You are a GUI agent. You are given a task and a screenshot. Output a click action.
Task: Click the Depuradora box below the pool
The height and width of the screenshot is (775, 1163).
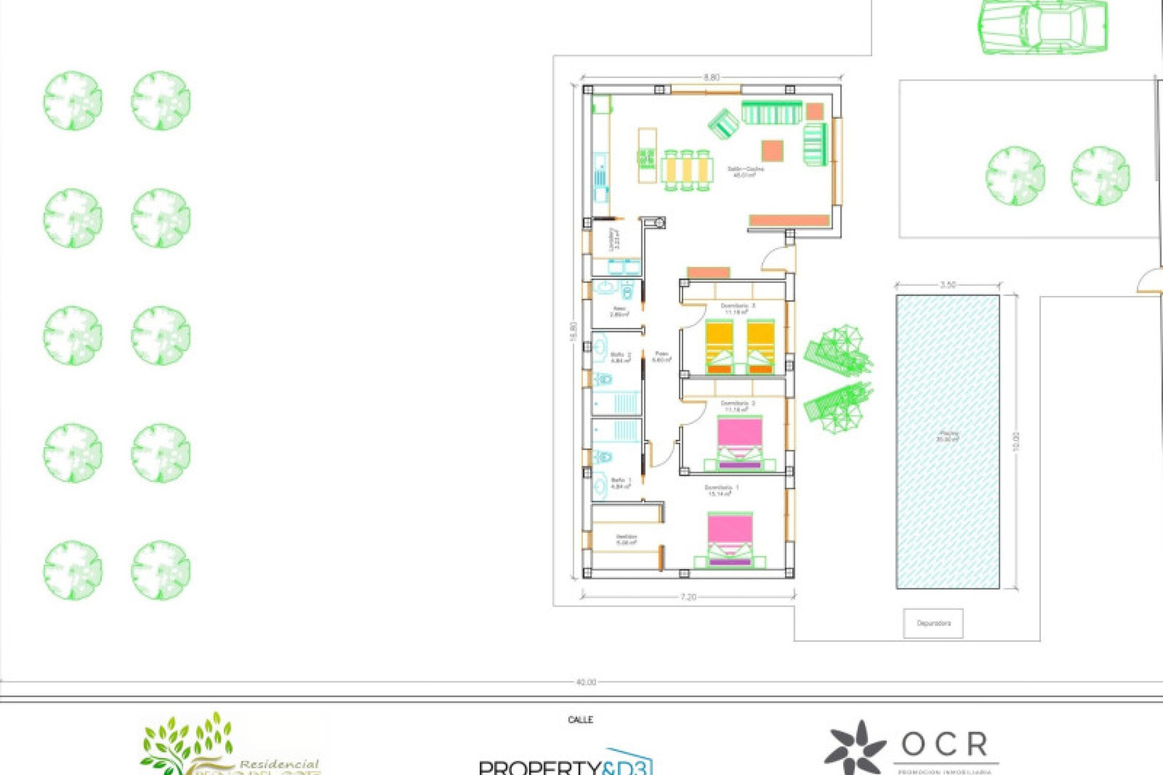pyautogui.click(x=933, y=623)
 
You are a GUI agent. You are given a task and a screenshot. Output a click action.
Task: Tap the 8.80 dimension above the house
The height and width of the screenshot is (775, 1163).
pyautogui.click(x=711, y=77)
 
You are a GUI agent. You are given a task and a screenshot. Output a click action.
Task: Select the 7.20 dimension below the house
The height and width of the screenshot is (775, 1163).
pyautogui.click(x=688, y=597)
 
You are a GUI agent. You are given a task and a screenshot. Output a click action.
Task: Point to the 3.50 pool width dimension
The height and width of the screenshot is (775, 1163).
pyautogui.click(x=948, y=285)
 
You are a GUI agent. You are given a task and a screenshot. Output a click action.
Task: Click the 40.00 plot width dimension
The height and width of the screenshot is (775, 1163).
pyautogui.click(x=585, y=682)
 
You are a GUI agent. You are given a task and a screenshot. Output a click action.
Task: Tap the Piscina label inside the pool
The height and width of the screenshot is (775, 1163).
pyautogui.click(x=948, y=436)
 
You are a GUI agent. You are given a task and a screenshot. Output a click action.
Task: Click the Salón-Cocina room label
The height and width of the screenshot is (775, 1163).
pyautogui.click(x=745, y=172)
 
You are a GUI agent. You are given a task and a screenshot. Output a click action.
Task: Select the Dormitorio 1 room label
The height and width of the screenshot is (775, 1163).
pyautogui.click(x=721, y=490)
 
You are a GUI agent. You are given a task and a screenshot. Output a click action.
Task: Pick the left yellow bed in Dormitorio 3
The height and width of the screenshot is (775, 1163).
pyautogui.click(x=719, y=348)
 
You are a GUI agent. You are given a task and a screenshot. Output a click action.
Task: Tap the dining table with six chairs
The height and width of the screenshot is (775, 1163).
pyautogui.click(x=686, y=171)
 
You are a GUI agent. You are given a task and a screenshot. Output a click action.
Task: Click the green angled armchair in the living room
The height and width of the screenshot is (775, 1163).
pyautogui.click(x=724, y=124)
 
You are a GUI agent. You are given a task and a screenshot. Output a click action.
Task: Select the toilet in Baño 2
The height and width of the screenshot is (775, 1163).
pyautogui.click(x=603, y=380)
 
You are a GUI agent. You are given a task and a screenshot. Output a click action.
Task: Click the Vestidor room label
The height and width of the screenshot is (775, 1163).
pyautogui.click(x=626, y=539)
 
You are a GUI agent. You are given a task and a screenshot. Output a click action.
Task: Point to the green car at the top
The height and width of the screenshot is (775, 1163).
pyautogui.click(x=1043, y=27)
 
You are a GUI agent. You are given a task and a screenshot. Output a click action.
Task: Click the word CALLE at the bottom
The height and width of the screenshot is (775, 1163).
pyautogui.click(x=580, y=719)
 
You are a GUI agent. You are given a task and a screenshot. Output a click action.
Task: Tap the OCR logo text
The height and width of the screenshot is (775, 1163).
pyautogui.click(x=944, y=745)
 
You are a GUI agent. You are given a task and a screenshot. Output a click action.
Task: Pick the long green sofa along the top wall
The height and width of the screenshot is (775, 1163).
pyautogui.click(x=772, y=113)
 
